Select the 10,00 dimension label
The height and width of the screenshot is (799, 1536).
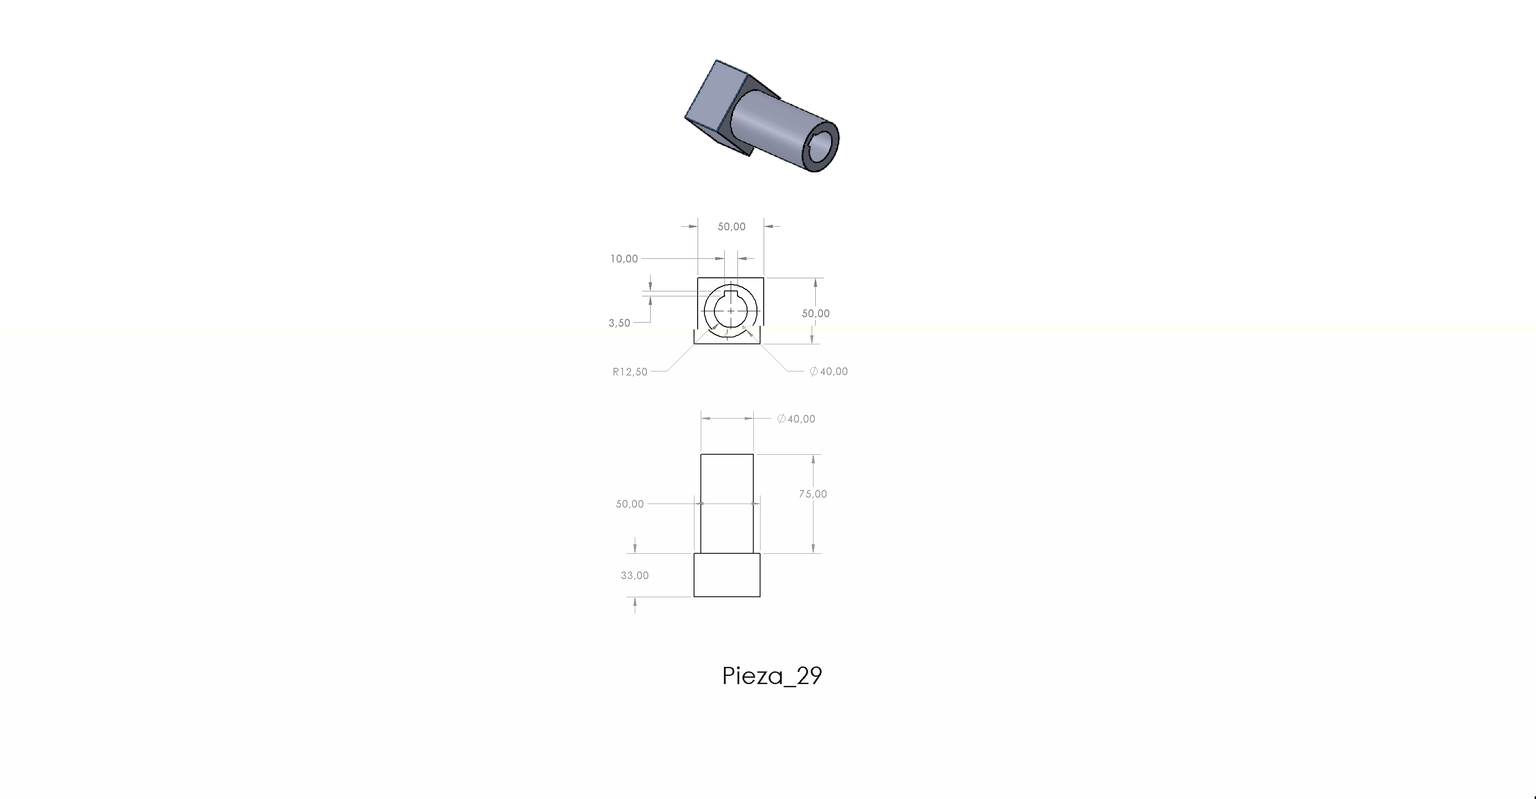[x=624, y=259]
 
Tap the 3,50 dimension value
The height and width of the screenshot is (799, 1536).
[x=619, y=323]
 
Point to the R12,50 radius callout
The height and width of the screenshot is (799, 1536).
[x=630, y=372]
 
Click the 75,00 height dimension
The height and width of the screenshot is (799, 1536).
[x=813, y=494]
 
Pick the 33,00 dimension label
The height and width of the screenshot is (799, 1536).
[x=634, y=575]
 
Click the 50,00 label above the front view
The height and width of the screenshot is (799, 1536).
[x=732, y=227]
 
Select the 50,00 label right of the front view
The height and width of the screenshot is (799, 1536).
[x=816, y=314]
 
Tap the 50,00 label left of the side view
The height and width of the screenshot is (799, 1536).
[x=630, y=504]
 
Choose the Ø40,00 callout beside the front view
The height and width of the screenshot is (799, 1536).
[x=828, y=371]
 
